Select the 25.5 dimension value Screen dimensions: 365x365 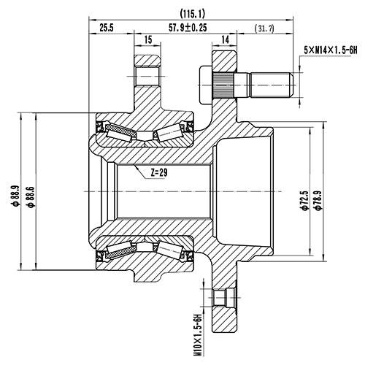[x=106, y=28]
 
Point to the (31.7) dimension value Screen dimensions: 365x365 [x=264, y=28]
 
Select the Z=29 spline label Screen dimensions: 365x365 [x=155, y=173]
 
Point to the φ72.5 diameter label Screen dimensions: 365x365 [x=302, y=197]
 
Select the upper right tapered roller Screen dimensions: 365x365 [x=169, y=132]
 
